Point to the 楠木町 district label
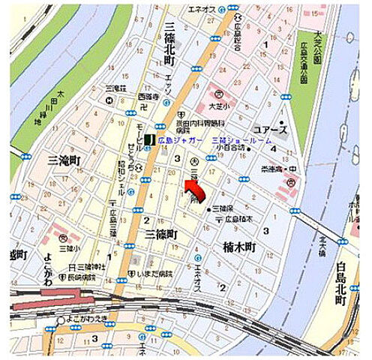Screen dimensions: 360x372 pos(240,246)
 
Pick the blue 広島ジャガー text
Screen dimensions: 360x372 pos(181,139)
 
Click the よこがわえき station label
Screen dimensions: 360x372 pos(84,325)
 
